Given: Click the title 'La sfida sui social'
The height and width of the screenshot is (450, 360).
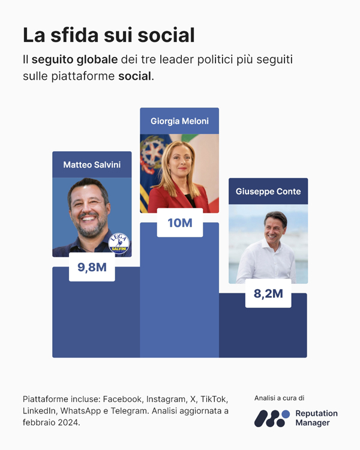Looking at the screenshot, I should click(x=109, y=35).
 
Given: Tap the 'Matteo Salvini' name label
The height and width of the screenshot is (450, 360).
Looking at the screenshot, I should click(x=92, y=164).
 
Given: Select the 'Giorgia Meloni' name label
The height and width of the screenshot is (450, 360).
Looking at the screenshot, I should click(x=179, y=121).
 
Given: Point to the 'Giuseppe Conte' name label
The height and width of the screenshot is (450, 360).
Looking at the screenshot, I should click(x=268, y=191).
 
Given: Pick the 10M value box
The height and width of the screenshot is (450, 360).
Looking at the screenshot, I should click(x=179, y=223).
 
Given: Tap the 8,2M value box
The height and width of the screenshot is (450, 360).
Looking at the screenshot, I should click(x=268, y=293).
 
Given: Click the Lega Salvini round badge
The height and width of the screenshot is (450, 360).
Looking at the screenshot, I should click(x=119, y=244).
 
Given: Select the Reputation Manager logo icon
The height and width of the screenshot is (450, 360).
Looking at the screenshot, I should click(x=272, y=418).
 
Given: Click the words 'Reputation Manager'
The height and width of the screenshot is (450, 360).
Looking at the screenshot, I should click(x=316, y=418).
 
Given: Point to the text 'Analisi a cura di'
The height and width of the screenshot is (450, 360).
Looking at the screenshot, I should click(x=279, y=398).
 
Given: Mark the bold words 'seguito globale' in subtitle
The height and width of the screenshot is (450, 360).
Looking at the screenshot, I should click(x=74, y=61).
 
